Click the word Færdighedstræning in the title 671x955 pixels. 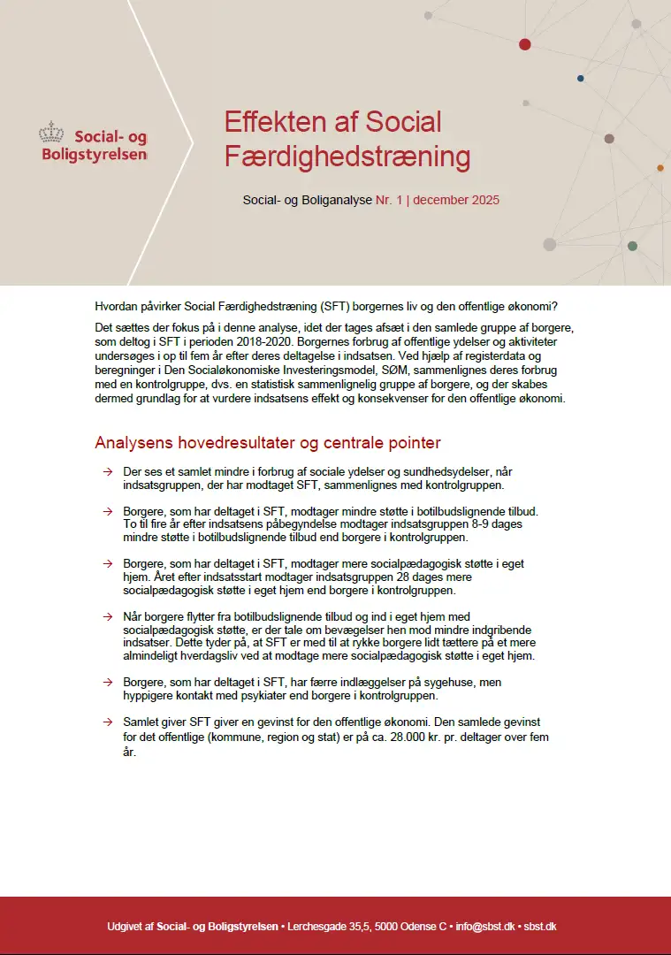(347, 157)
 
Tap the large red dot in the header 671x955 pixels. (525, 43)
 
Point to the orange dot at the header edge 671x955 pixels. (660, 167)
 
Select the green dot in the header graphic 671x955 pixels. (632, 246)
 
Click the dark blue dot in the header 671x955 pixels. (580, 78)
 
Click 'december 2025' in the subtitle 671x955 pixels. (456, 200)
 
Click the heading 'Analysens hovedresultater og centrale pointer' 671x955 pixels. (267, 442)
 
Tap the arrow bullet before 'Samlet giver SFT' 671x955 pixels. (107, 722)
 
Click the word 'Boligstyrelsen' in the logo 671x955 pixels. (95, 154)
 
